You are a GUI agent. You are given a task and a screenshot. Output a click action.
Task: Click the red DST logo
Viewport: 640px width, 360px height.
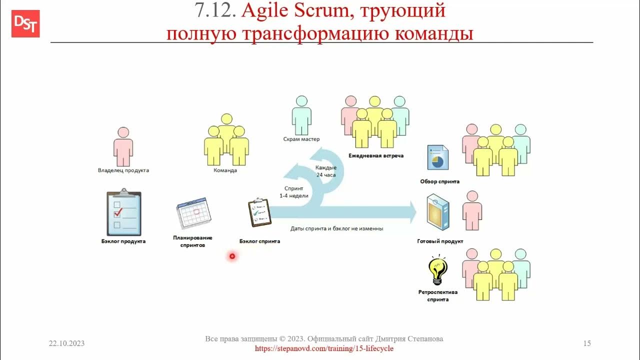(25, 23)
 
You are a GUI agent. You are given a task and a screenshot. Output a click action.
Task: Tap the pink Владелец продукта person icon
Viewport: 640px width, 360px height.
(123, 146)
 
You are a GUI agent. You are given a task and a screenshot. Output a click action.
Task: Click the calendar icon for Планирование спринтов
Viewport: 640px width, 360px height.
(193, 213)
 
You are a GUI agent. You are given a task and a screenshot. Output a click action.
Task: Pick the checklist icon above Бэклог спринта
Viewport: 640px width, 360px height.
(259, 213)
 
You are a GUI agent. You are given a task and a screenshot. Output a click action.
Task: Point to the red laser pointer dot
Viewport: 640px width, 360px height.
(232, 256)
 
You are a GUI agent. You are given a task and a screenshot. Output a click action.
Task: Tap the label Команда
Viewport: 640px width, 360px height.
(225, 170)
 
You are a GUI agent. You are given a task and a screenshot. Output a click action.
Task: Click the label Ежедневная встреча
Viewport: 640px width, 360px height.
(376, 156)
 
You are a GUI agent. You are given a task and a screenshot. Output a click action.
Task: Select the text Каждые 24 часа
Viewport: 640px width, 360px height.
(326, 171)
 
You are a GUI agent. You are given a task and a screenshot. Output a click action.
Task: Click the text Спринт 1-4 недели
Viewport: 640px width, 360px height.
(294, 192)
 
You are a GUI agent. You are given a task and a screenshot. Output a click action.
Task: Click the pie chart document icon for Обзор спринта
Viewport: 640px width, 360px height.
(437, 158)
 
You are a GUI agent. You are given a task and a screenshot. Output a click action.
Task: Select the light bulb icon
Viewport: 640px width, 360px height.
(438, 269)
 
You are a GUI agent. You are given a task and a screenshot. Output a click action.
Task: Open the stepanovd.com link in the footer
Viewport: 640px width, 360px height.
(324, 348)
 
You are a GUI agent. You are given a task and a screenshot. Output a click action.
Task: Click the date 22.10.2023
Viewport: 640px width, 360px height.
(66, 343)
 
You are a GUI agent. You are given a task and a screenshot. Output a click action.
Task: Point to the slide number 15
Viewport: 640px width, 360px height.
(587, 343)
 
